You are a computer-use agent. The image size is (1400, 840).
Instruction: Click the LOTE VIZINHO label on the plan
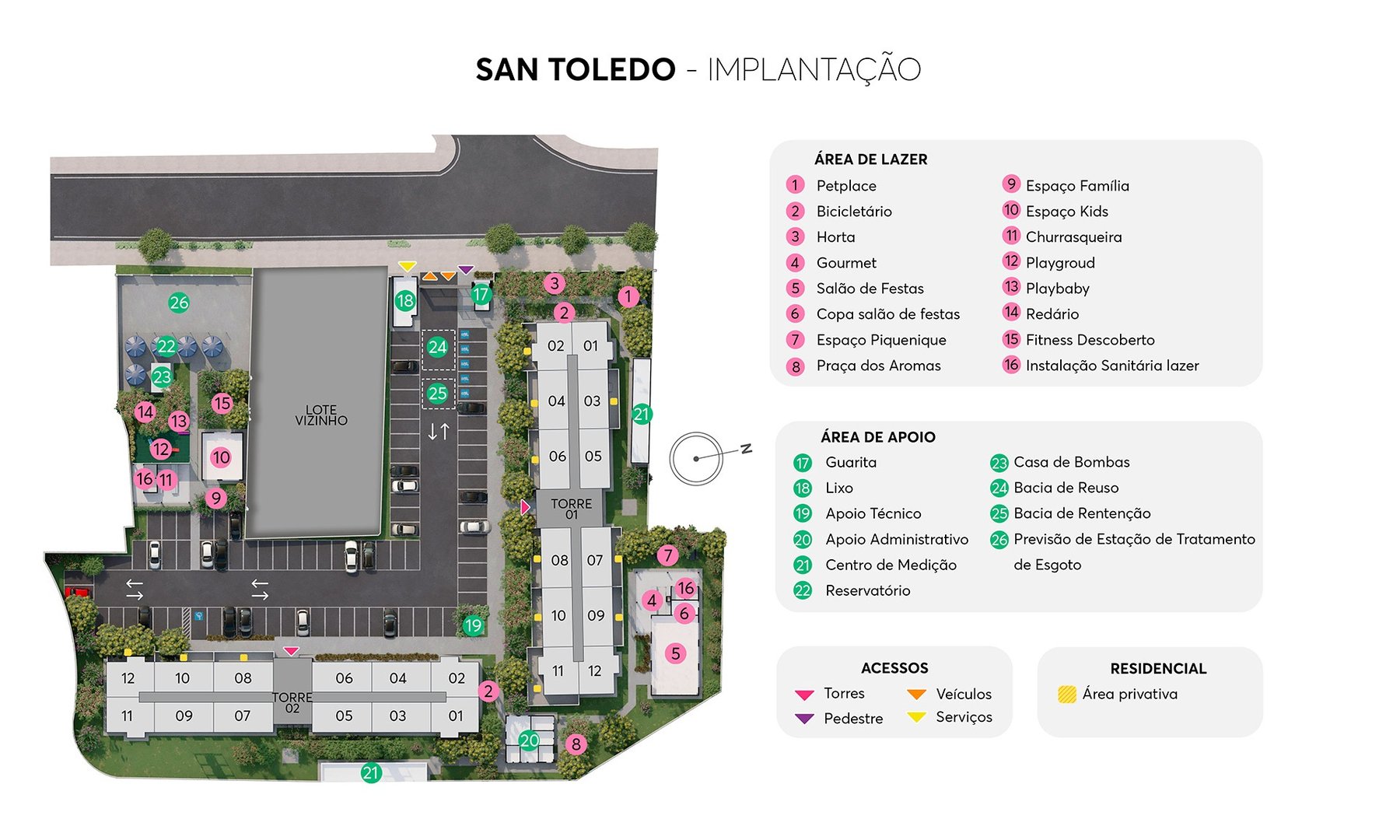click(321, 415)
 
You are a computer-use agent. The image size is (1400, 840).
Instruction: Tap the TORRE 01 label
click(572, 509)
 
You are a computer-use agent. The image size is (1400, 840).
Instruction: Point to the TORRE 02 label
click(292, 702)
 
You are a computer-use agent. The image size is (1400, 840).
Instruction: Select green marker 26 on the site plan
click(179, 303)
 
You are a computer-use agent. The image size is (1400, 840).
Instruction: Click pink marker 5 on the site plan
click(675, 653)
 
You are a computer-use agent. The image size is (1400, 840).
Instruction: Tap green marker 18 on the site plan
click(404, 301)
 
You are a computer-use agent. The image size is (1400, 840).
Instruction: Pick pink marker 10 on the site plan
click(221, 457)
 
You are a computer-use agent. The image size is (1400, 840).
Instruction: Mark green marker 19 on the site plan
click(473, 625)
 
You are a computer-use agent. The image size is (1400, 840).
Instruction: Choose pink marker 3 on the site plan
click(554, 283)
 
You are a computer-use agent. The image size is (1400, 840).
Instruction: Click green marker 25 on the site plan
click(438, 394)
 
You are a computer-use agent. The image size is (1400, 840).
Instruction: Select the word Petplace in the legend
click(846, 186)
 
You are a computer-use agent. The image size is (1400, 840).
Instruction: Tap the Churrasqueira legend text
click(1073, 237)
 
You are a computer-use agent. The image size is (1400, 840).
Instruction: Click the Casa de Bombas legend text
click(1071, 462)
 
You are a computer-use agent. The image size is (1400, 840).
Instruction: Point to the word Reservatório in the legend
click(867, 590)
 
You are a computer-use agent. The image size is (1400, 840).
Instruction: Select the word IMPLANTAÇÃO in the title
click(814, 70)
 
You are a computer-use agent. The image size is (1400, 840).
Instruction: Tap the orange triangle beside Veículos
click(917, 694)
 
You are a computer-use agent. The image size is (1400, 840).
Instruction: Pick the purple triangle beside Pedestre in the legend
click(804, 719)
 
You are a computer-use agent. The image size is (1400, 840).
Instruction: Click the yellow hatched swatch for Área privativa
click(1067, 694)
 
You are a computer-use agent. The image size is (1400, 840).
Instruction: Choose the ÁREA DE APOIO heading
click(877, 437)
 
